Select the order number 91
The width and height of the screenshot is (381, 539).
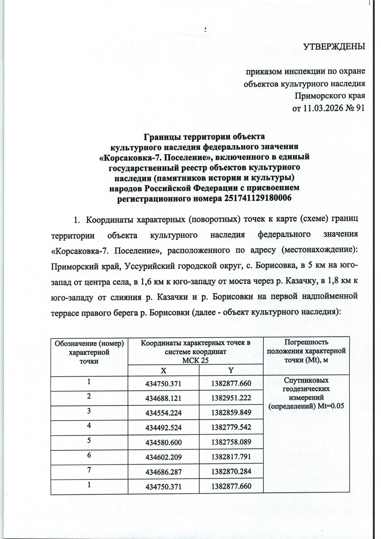360,108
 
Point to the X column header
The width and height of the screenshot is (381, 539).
163,370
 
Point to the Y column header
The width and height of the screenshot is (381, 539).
231,370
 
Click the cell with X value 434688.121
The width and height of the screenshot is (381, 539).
163,398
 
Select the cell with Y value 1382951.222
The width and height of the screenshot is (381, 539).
231,398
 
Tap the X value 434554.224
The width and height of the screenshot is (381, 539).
163,413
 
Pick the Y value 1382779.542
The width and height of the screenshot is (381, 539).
231,428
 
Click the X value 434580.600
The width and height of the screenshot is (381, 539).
163,442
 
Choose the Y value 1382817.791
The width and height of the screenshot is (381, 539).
231,457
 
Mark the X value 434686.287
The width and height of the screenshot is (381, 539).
163,472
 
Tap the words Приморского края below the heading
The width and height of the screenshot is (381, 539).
330,96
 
